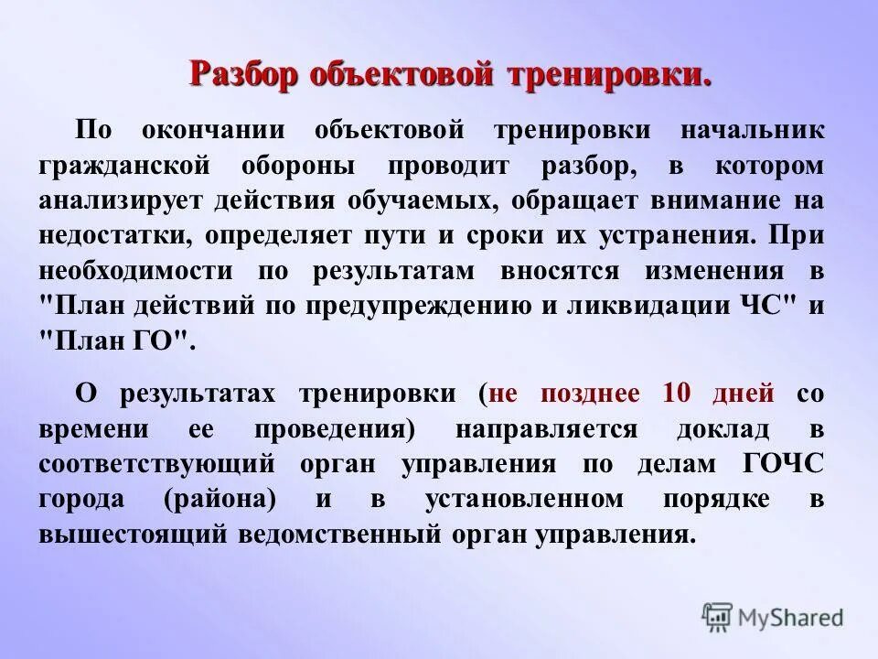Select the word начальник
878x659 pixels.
[750, 130]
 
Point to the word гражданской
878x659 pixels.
[127, 165]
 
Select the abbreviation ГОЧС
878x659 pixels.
[783, 464]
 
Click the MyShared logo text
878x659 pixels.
[791, 618]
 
